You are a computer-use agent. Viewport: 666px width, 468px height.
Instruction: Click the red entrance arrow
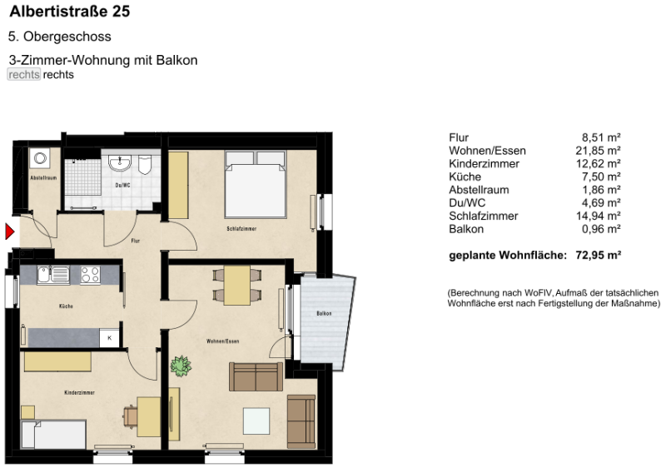tap(10, 232)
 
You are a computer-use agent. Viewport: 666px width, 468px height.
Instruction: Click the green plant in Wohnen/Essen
tap(180, 364)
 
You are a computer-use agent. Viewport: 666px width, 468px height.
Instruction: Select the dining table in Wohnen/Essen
tap(238, 284)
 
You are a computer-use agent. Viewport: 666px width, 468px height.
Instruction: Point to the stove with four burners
tap(90, 275)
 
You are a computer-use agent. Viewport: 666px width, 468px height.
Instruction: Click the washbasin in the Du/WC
tap(121, 162)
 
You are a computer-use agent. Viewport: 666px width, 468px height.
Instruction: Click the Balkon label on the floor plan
tap(324, 314)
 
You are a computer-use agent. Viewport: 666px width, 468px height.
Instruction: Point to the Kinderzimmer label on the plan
tap(79, 391)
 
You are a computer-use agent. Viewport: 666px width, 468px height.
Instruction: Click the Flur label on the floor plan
tap(136, 241)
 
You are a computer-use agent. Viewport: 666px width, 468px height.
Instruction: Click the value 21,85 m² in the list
tap(601, 151)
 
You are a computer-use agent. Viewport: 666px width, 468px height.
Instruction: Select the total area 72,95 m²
tap(599, 255)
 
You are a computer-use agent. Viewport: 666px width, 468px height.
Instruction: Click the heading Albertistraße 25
tap(69, 12)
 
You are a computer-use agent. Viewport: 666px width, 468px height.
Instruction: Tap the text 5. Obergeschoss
tap(59, 37)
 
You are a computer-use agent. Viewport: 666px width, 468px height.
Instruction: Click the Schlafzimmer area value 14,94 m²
tap(601, 216)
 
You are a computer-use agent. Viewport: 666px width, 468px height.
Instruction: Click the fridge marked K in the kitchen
tap(109, 337)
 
